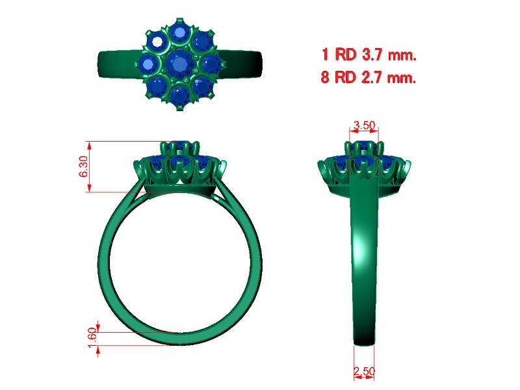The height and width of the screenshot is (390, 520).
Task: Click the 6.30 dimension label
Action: click(84, 166)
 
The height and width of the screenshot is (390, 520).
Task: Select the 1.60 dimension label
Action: click(92, 337)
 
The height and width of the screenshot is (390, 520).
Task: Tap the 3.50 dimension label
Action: click(364, 125)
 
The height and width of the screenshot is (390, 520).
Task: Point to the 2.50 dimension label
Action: click(364, 370)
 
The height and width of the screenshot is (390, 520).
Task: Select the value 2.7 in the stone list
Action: click(372, 77)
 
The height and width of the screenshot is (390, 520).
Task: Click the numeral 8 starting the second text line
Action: click(325, 77)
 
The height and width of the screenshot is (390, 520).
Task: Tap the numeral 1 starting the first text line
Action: click(325, 54)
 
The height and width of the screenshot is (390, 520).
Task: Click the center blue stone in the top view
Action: click(179, 63)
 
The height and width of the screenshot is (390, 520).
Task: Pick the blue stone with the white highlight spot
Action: click(156, 42)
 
